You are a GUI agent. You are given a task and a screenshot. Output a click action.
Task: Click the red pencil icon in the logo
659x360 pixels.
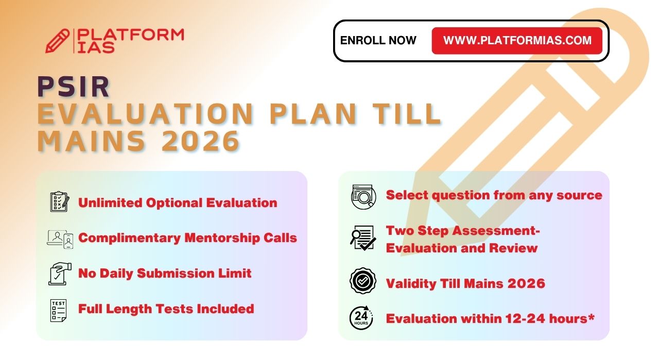[x=58, y=41]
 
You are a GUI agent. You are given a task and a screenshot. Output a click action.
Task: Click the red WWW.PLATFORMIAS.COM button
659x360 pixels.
[x=517, y=41]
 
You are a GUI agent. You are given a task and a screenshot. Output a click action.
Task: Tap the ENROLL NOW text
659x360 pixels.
[x=378, y=41]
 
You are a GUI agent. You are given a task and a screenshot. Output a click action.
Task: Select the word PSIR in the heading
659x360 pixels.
[x=74, y=87]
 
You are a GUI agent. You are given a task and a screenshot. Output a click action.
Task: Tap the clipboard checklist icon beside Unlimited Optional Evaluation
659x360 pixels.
[x=60, y=202]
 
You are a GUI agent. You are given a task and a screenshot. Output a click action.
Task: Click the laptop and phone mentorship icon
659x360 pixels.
[x=60, y=239]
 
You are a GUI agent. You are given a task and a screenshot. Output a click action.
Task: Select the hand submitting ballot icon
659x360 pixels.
[x=60, y=274]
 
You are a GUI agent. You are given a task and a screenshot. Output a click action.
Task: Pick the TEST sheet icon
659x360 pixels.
[x=58, y=311]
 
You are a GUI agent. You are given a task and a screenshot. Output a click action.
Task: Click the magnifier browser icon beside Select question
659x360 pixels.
[x=363, y=197]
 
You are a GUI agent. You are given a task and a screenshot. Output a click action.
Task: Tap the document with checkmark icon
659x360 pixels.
[x=363, y=238]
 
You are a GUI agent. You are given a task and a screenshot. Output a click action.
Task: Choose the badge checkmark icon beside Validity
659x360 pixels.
[x=363, y=281]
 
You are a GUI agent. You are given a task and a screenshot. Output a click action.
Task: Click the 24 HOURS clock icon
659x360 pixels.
[x=361, y=318]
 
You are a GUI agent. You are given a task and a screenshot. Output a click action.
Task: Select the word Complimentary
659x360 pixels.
[x=129, y=238]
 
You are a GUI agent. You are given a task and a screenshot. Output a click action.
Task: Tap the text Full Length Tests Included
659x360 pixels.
[x=166, y=309]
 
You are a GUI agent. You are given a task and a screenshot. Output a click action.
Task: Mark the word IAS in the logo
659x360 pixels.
[x=96, y=47]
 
